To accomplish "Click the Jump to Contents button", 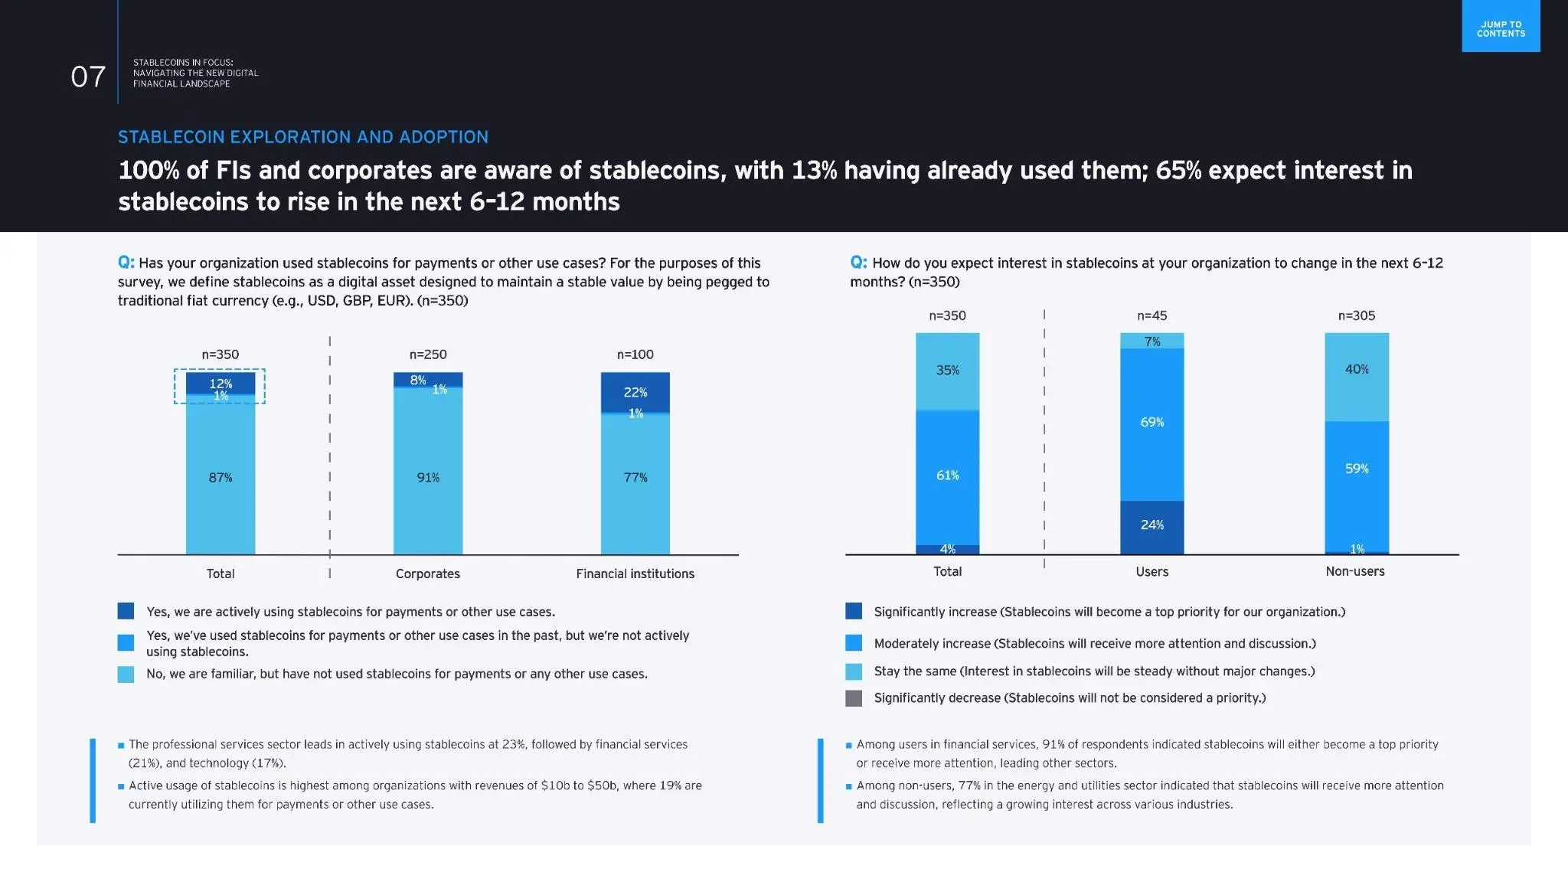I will click(x=1501, y=28).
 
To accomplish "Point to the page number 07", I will click(x=88, y=77).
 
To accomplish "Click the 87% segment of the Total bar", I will click(x=220, y=478).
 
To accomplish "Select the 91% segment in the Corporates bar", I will click(x=428, y=478).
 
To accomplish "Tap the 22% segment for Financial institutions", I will click(x=635, y=392).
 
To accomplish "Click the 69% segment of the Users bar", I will click(x=1151, y=423).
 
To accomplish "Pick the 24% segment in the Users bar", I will click(x=1151, y=525).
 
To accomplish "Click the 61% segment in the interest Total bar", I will click(x=947, y=475).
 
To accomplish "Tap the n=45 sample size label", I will click(x=1151, y=315).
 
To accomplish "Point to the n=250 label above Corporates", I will click(x=428, y=354).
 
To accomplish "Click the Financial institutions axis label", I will click(x=635, y=574).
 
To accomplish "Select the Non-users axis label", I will click(x=1354, y=572).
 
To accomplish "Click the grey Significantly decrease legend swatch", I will click(x=854, y=698).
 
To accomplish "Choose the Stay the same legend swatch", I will click(x=854, y=671).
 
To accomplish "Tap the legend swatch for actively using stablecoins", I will click(x=126, y=611).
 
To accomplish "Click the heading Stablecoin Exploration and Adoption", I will click(x=303, y=137).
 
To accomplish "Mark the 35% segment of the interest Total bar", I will click(x=947, y=371).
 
